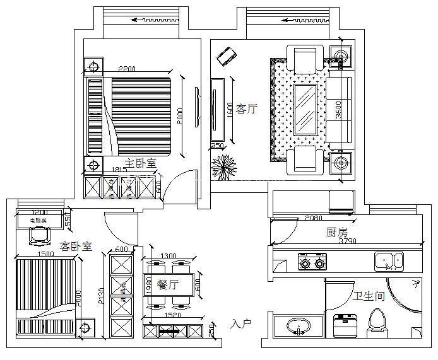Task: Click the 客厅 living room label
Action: [x=247, y=109]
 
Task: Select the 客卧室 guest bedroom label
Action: [x=76, y=246]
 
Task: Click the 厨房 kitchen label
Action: [x=337, y=232]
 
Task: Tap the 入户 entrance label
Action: [x=240, y=323]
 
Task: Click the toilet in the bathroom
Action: [x=377, y=320]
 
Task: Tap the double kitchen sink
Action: [x=390, y=260]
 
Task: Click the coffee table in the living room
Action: [x=307, y=109]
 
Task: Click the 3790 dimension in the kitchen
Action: [x=349, y=241]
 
